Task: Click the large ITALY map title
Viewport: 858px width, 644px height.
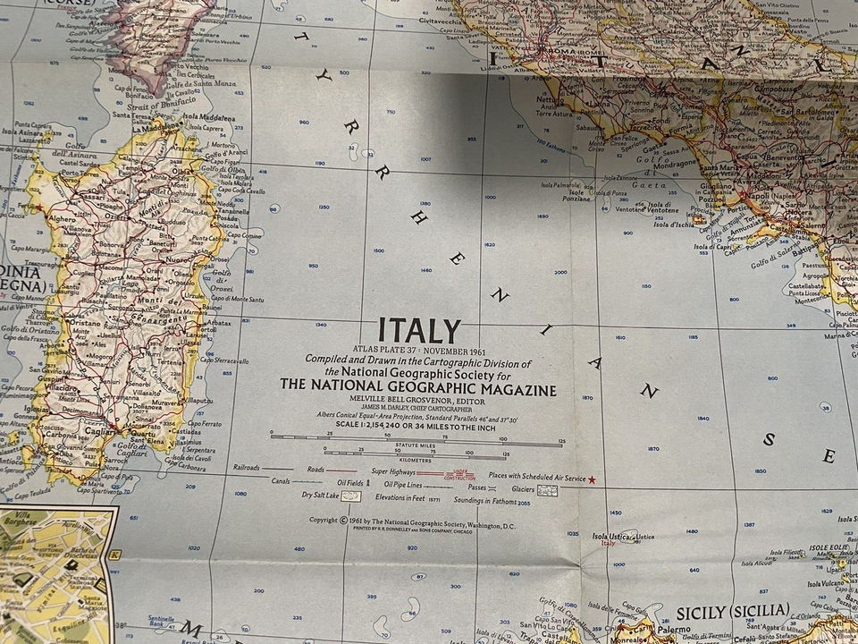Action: (x=419, y=330)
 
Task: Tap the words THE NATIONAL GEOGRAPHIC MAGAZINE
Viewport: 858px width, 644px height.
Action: (x=417, y=389)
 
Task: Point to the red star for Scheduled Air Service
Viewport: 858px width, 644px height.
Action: (x=591, y=479)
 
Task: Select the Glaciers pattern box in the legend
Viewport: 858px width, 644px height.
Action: (x=547, y=490)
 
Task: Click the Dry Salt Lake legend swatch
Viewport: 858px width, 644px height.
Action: (x=351, y=496)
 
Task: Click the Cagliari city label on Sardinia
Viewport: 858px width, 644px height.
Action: (x=100, y=431)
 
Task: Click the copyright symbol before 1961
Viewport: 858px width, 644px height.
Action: (x=343, y=520)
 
